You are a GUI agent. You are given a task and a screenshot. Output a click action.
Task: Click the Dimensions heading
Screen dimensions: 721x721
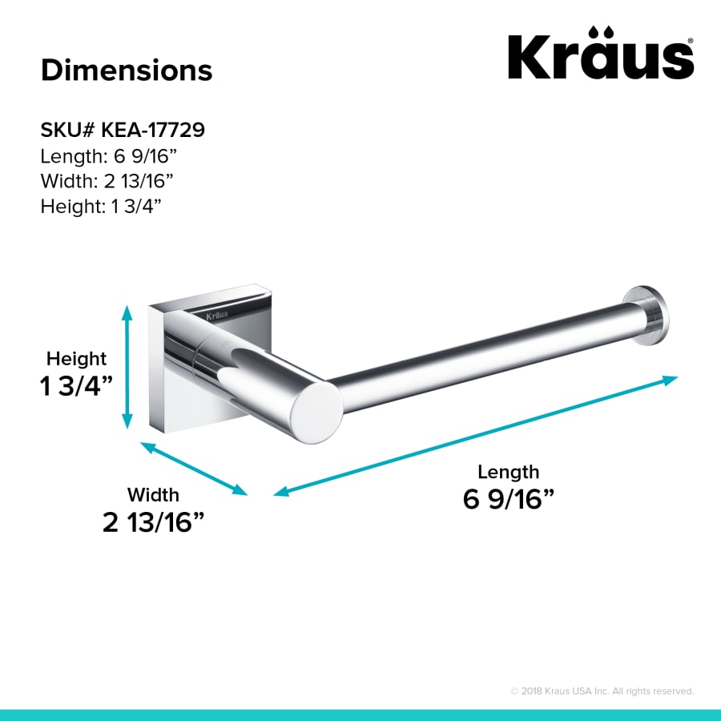[x=127, y=70]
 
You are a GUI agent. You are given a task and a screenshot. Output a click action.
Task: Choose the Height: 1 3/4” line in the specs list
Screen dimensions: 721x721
[x=102, y=206]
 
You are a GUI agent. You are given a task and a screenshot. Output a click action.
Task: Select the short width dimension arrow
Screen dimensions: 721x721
[x=195, y=468]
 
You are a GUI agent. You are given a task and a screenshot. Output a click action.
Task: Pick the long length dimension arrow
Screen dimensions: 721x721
[x=476, y=436]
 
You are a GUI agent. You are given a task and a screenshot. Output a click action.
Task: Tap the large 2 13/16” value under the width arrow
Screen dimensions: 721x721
[x=153, y=522]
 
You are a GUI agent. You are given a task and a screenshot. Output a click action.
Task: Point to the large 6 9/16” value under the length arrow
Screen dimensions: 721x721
[x=509, y=499]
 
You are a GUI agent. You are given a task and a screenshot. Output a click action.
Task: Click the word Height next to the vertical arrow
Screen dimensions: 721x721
[x=76, y=358]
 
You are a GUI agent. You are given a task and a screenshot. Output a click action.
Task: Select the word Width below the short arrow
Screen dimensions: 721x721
[x=153, y=495]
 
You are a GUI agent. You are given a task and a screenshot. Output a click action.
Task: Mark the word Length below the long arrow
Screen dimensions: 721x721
[x=509, y=471]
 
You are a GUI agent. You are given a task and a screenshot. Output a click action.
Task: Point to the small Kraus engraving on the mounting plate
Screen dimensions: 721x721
[x=216, y=315]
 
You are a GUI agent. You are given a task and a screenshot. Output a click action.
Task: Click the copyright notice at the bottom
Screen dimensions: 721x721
[x=602, y=691]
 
